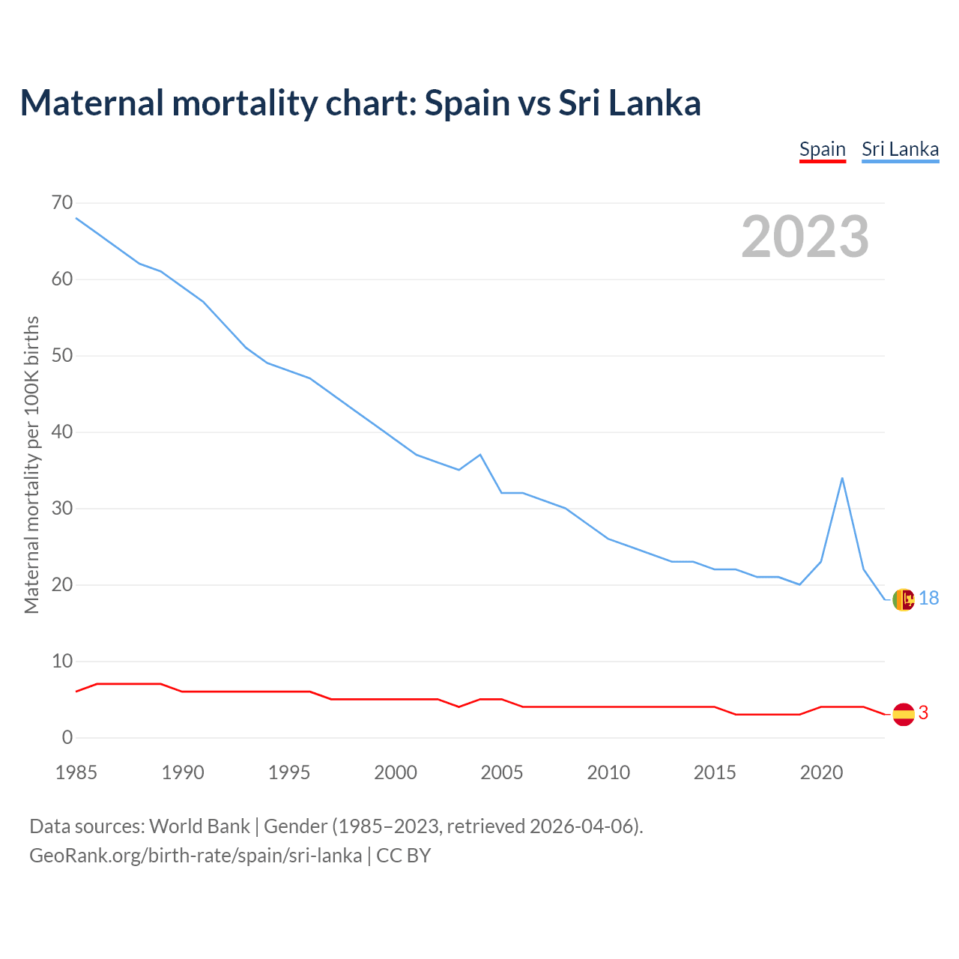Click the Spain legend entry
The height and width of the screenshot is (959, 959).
822,149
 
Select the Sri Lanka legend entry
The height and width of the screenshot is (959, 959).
900,149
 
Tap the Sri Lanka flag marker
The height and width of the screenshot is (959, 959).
904,599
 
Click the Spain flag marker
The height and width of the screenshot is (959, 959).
904,714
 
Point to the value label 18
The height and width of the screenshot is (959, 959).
928,598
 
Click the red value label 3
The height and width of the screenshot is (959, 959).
923,713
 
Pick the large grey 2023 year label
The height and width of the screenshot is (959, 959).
805,237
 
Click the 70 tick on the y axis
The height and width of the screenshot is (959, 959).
63,203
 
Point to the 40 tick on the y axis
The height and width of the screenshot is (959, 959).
63,432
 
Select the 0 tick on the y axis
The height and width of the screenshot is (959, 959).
67,737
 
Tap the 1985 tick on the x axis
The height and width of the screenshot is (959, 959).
76,772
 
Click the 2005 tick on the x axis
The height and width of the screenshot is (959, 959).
502,772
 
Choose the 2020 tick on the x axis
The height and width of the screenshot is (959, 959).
821,772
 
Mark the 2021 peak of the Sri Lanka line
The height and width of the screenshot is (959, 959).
842,478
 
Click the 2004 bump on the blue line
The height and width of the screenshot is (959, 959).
480,455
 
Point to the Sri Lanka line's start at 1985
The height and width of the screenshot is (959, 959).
76,218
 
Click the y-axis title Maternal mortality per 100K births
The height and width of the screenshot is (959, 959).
31,465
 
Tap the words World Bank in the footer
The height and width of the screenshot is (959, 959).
199,826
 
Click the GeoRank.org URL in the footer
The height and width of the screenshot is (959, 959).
196,855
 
